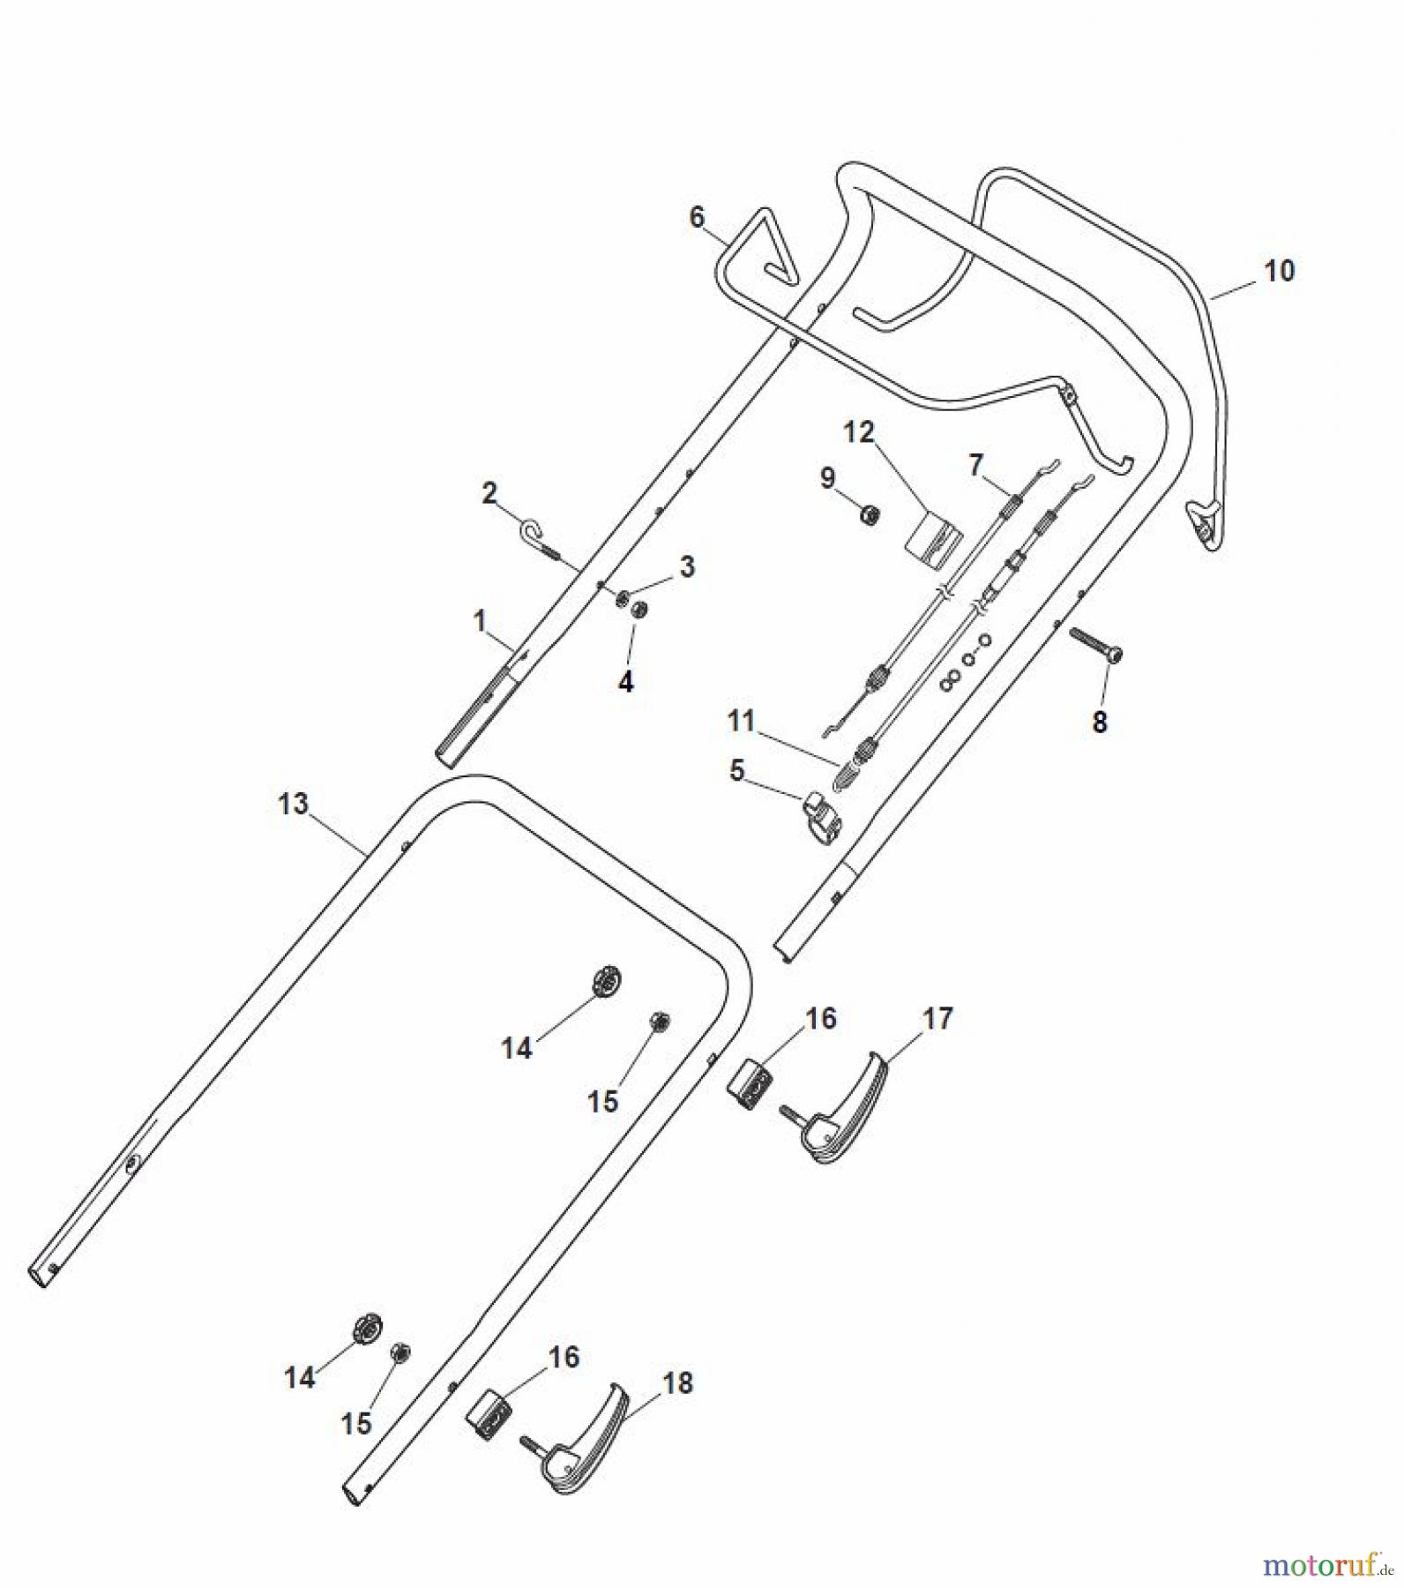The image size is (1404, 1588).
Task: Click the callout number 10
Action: pyautogui.click(x=1279, y=271)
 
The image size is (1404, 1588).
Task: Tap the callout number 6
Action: pyautogui.click(x=697, y=216)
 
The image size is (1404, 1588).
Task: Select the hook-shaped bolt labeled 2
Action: pyautogui.click(x=534, y=533)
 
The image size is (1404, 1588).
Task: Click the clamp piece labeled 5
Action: pyautogui.click(x=821, y=817)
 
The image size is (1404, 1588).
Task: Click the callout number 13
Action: pyautogui.click(x=293, y=804)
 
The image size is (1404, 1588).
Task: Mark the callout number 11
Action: pyautogui.click(x=741, y=721)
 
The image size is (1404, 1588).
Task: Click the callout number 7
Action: pyautogui.click(x=975, y=465)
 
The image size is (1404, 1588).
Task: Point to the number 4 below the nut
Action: pyautogui.click(x=625, y=682)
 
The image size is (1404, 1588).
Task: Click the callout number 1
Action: pyautogui.click(x=480, y=622)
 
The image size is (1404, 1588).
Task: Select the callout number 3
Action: pyautogui.click(x=686, y=566)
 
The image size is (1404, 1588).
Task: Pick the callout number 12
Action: pyautogui.click(x=858, y=432)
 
